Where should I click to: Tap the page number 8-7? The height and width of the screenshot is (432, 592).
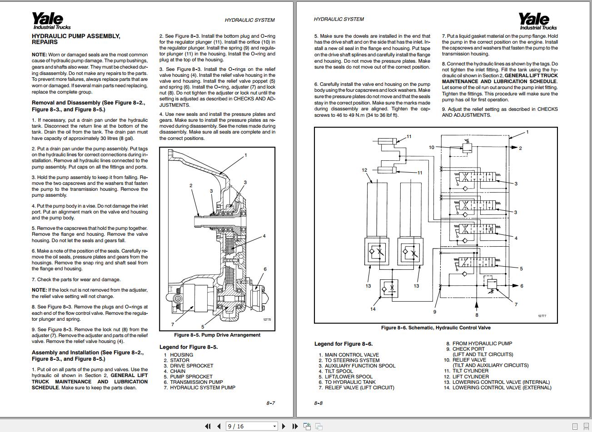coord(271,403)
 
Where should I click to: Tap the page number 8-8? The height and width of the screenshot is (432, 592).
coord(318,403)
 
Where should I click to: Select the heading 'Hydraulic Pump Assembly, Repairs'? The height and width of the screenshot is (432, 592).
coord(76,39)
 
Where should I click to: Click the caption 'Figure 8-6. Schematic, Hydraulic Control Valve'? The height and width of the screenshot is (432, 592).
coord(436,328)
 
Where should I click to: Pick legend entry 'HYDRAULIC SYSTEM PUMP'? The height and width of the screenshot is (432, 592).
coord(203,387)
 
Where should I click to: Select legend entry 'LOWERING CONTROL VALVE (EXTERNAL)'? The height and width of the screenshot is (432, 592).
coord(502,387)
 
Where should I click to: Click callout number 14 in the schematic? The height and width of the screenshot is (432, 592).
coord(373,309)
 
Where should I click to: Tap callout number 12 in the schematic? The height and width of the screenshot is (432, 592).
coord(364,170)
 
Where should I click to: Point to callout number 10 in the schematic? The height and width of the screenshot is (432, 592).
coord(432,147)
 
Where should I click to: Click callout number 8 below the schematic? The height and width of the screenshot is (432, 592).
coord(477,315)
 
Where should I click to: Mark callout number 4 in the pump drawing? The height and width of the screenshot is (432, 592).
coord(264,236)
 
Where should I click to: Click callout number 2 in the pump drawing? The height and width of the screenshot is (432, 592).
coord(191,185)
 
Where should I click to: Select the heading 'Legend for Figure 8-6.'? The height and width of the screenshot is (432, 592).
coord(343,344)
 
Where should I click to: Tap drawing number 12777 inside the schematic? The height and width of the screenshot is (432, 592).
coord(542,316)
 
